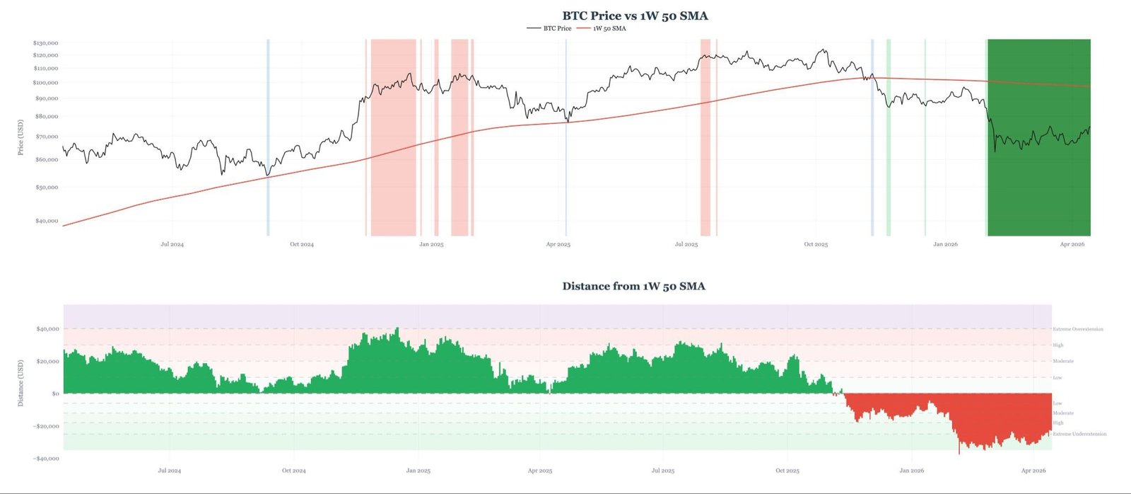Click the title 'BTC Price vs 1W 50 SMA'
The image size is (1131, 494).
click(x=635, y=16)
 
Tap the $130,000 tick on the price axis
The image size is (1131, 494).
click(x=45, y=43)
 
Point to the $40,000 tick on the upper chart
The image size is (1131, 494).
click(x=47, y=221)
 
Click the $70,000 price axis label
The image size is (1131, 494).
click(x=47, y=137)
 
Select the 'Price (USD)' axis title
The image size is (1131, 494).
click(x=20, y=137)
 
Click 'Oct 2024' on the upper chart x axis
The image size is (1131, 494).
click(x=302, y=244)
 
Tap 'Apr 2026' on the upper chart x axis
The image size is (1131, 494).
click(x=1072, y=244)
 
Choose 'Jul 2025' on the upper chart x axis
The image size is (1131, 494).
click(x=686, y=244)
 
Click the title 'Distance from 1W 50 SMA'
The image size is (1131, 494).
click(x=633, y=286)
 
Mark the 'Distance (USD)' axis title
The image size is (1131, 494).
click(x=20, y=383)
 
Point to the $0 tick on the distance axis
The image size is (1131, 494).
click(x=56, y=394)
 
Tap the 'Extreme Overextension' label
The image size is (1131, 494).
click(x=1078, y=329)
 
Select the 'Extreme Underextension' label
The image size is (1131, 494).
click(x=1079, y=434)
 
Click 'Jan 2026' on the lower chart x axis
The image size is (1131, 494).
click(x=912, y=471)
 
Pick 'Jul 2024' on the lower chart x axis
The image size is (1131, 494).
click(x=169, y=471)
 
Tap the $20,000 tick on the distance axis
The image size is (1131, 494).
click(x=48, y=361)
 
